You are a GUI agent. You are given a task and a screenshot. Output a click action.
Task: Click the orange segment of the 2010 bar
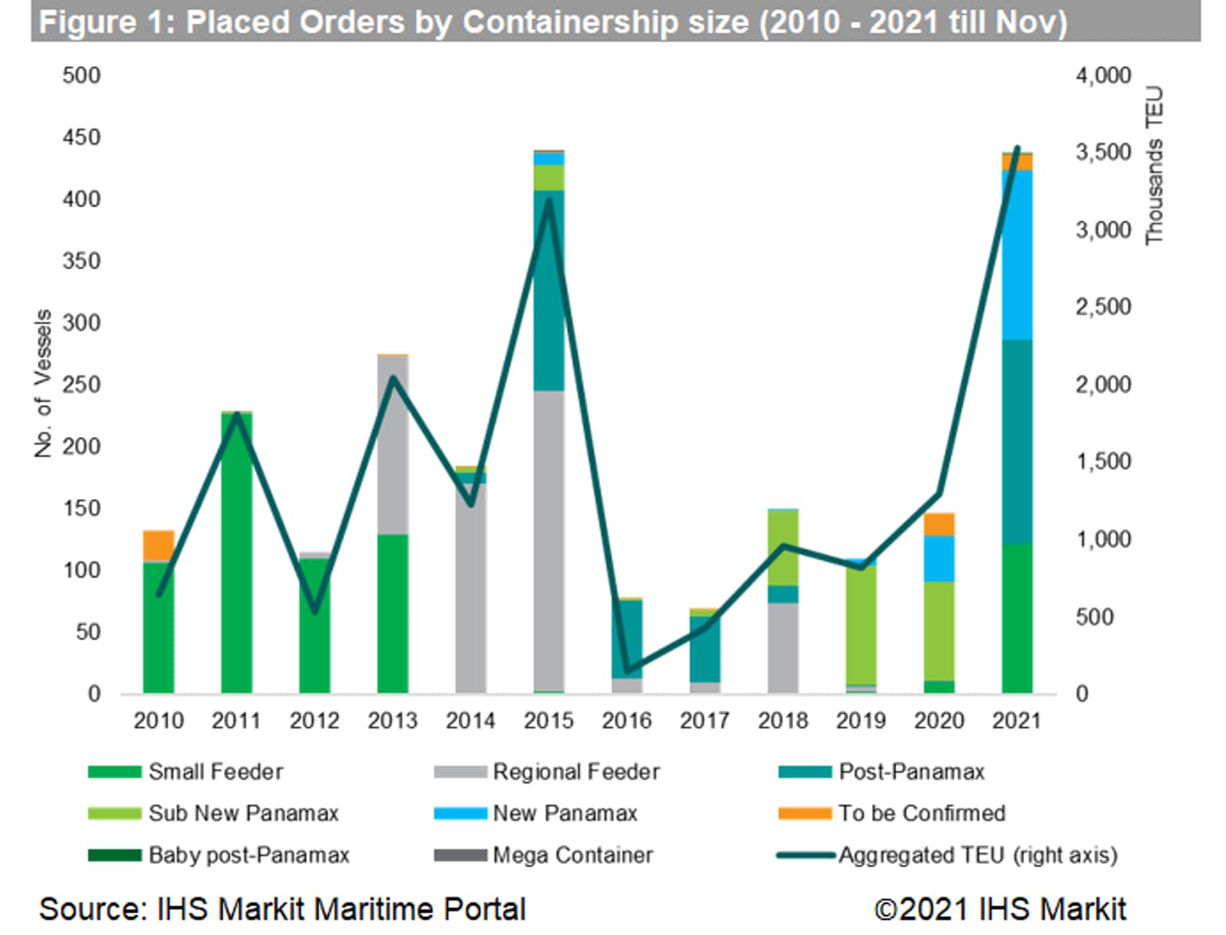[x=159, y=545]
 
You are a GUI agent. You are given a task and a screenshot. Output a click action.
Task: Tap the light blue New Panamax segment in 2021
[x=1016, y=255]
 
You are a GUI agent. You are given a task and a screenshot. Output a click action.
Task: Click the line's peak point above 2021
[x=1017, y=149]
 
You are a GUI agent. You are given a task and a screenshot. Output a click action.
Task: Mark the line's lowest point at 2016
[x=627, y=670]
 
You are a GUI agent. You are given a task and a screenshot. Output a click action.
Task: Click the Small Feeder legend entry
[x=215, y=772]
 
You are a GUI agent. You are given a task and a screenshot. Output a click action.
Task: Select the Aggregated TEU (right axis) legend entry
[x=977, y=855]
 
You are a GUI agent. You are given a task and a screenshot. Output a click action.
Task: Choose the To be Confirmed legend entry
[x=921, y=813]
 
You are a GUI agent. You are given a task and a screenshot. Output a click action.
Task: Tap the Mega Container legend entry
[x=572, y=855]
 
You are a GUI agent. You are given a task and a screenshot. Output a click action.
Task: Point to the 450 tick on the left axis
[x=81, y=137]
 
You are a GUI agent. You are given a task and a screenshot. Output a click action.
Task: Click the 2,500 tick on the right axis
[x=1103, y=307]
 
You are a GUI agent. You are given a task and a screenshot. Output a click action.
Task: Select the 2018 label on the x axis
[x=783, y=721]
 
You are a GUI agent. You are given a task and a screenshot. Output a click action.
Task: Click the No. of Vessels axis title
[x=43, y=383]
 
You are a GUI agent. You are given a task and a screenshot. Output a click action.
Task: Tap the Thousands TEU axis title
[x=1154, y=166]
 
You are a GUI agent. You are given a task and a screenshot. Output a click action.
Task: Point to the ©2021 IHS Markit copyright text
[x=1000, y=909]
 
